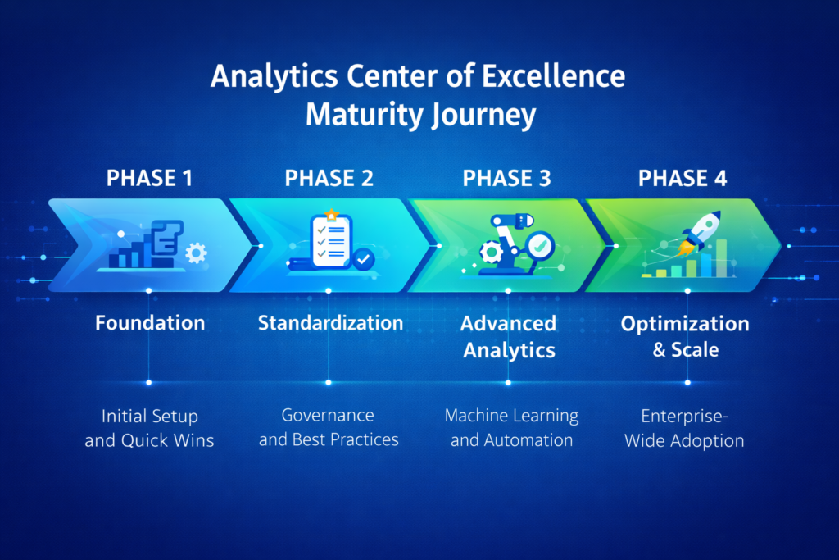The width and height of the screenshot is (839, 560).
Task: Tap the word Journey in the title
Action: pyautogui.click(x=483, y=116)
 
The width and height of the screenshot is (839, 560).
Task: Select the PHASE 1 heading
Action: pyautogui.click(x=150, y=178)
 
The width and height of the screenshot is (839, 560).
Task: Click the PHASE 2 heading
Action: pyautogui.click(x=328, y=178)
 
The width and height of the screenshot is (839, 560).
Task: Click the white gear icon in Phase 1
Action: pyautogui.click(x=196, y=253)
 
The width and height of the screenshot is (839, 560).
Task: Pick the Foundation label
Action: pyautogui.click(x=150, y=323)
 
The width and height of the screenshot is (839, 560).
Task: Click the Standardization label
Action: pyautogui.click(x=330, y=323)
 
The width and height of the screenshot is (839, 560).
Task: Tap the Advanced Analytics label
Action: pyautogui.click(x=509, y=336)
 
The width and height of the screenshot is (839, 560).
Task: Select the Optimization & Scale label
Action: pyautogui.click(x=685, y=336)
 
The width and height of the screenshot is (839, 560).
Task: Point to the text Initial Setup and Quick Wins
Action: pyautogui.click(x=149, y=429)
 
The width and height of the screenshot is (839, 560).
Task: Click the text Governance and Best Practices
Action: pyautogui.click(x=329, y=427)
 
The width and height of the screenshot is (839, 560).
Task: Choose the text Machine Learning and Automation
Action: pyautogui.click(x=511, y=427)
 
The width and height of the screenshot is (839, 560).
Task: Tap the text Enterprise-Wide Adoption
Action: pyautogui.click(x=684, y=429)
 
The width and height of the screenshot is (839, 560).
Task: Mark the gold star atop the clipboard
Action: pyautogui.click(x=331, y=215)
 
